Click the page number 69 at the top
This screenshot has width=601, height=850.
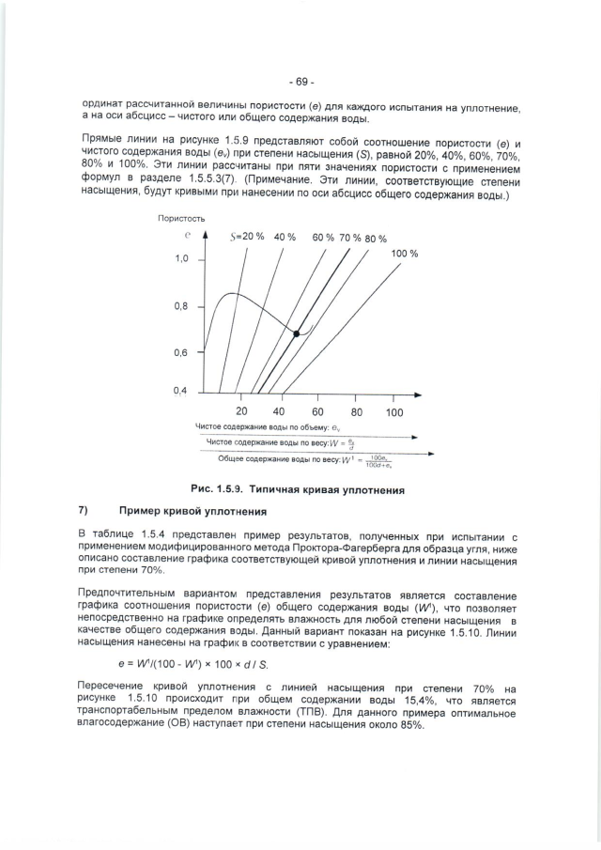(x=301, y=82)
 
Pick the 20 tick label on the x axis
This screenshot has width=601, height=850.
(x=241, y=411)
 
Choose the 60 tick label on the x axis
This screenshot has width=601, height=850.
(x=317, y=411)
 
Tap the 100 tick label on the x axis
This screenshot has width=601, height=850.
(x=393, y=411)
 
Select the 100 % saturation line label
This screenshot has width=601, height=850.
(x=404, y=255)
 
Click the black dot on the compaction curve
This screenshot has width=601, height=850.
(x=297, y=333)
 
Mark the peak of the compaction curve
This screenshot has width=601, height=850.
(x=228, y=294)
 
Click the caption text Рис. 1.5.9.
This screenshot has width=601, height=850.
(x=217, y=488)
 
